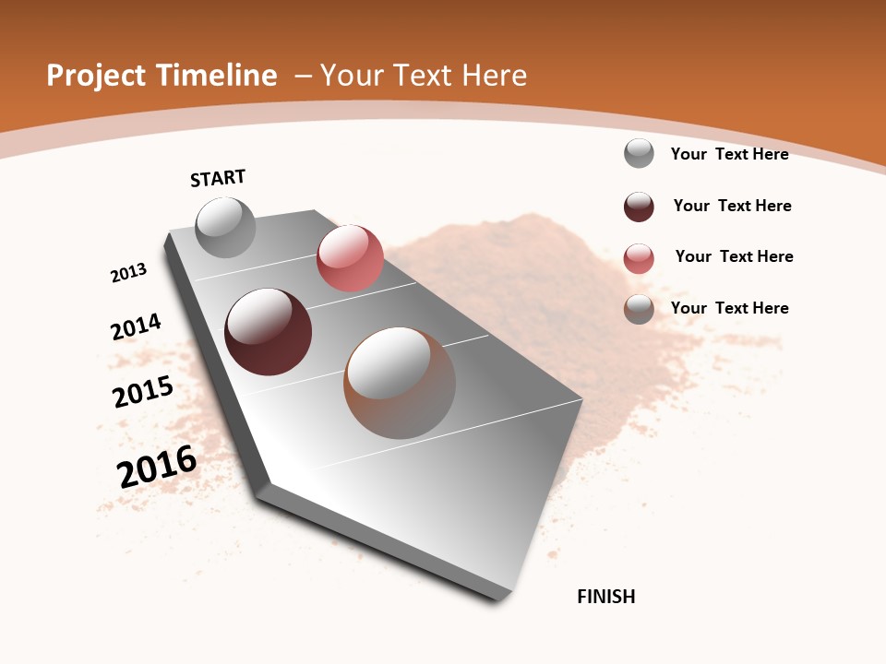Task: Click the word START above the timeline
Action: click(218, 178)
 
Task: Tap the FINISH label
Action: click(606, 597)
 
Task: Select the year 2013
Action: click(128, 273)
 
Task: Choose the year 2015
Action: click(143, 392)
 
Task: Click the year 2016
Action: click(157, 467)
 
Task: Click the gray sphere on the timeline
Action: click(225, 227)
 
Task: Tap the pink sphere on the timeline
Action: click(350, 258)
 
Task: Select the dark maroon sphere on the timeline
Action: click(268, 332)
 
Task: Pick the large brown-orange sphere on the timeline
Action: click(400, 383)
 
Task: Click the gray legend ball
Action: click(639, 153)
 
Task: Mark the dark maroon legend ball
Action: click(639, 207)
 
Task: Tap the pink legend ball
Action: click(639, 258)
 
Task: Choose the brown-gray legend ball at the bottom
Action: click(639, 309)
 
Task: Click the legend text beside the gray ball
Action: click(729, 154)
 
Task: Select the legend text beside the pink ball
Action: click(734, 256)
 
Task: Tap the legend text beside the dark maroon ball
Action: click(732, 206)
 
